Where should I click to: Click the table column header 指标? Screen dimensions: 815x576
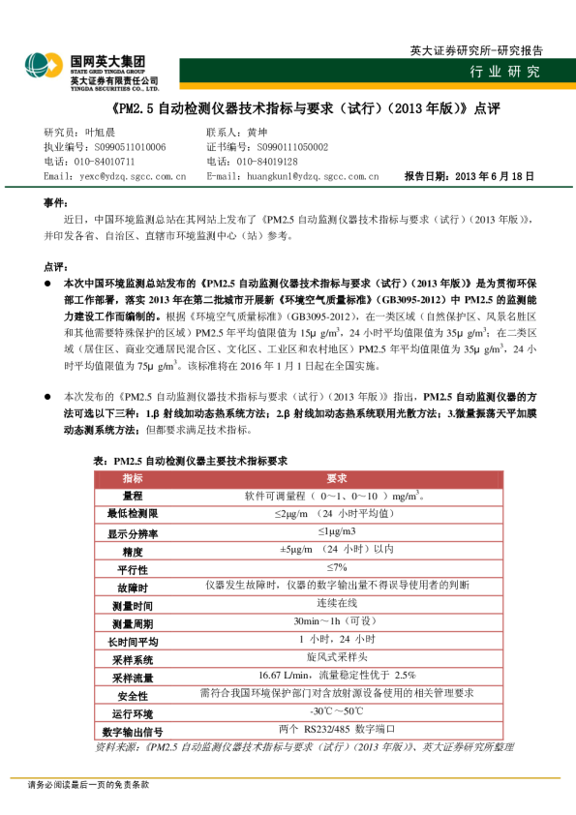click(x=133, y=479)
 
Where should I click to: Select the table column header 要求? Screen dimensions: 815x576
click(x=337, y=479)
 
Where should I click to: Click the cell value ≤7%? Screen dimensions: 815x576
click(x=337, y=567)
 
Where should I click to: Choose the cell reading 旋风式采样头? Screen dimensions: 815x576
click(x=337, y=657)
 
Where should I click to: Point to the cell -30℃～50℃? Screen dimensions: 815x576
click(x=337, y=711)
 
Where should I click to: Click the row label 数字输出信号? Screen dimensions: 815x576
click(x=133, y=731)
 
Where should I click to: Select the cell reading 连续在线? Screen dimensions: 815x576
click(x=337, y=603)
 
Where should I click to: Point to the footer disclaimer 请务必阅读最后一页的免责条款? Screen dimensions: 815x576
click(x=88, y=785)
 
